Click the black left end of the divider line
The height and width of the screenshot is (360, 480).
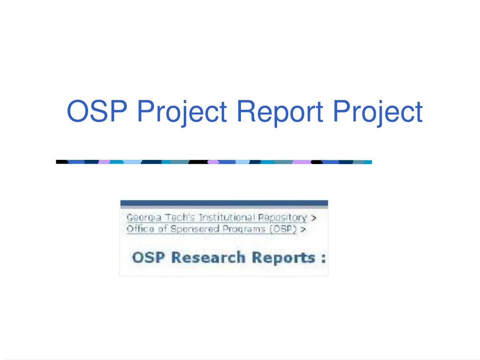click(x=62, y=162)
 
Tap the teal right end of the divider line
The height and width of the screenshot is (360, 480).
click(x=368, y=162)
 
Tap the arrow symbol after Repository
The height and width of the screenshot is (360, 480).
click(x=313, y=218)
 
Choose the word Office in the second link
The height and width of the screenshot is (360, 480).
click(x=137, y=229)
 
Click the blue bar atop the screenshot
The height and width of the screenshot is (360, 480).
click(x=224, y=203)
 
